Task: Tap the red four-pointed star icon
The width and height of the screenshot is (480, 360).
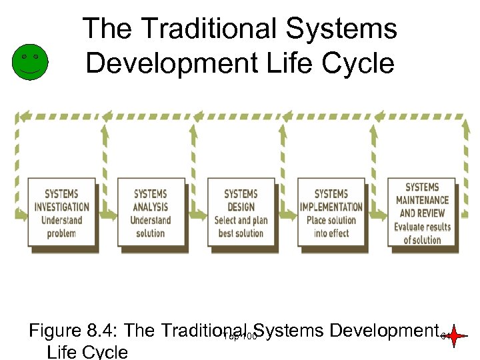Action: coord(455,337)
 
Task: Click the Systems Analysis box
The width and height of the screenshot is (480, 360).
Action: coord(151,213)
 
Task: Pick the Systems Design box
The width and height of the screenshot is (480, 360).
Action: coord(241,213)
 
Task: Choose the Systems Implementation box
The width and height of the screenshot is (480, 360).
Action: coord(331,213)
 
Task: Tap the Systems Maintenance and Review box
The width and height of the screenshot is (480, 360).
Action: coord(422,212)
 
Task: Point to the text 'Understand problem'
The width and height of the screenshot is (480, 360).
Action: coord(61,227)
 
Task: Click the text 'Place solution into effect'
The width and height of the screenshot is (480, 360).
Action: coord(331,227)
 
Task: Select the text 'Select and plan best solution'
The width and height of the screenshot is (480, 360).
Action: coord(241,227)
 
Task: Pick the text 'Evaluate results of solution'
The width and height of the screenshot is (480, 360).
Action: coord(422,233)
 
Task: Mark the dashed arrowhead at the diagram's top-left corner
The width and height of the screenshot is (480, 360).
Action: coord(23,116)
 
